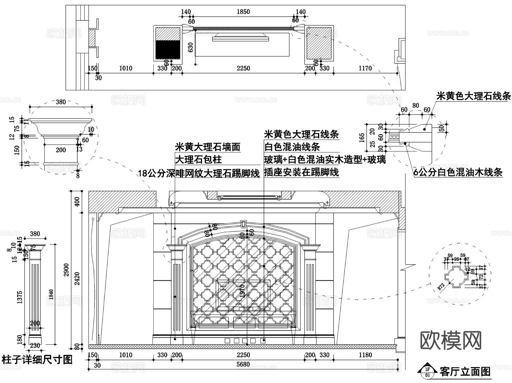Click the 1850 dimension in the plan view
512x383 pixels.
[x=243, y=12]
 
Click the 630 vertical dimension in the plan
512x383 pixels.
[x=191, y=47]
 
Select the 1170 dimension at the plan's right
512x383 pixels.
[x=365, y=68]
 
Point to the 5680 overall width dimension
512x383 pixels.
[x=243, y=364]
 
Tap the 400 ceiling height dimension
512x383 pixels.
[x=77, y=202]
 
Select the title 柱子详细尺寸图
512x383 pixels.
[x=37, y=360]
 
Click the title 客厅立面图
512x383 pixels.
[x=465, y=372]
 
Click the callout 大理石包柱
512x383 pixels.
[x=198, y=160]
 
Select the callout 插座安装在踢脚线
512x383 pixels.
[x=301, y=172]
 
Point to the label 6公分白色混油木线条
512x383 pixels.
[x=458, y=172]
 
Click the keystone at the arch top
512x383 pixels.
[x=243, y=224]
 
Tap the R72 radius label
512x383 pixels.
[x=441, y=286]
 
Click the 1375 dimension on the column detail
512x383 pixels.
[x=20, y=297]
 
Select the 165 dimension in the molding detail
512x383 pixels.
[x=362, y=138]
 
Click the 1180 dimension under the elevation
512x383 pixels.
[x=365, y=355]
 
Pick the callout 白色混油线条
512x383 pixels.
[x=292, y=147]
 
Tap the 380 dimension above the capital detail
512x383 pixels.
[x=61, y=102]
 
